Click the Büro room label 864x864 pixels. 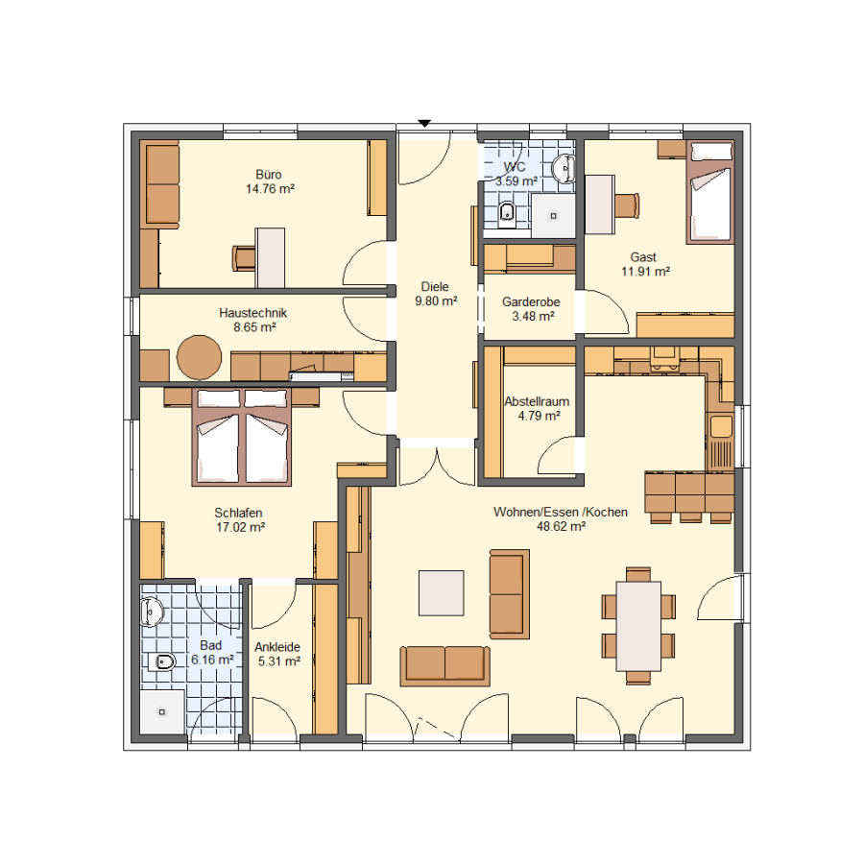269,175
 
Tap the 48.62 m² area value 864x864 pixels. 561,527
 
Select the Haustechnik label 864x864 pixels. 252,313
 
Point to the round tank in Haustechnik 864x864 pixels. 200,358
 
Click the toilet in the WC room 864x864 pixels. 507,213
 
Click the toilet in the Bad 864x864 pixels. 161,660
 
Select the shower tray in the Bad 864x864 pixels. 162,712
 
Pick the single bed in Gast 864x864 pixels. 710,192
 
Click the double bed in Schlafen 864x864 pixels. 242,437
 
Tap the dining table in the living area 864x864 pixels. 638,626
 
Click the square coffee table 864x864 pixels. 442,593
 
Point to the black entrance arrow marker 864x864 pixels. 423,124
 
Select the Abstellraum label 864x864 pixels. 537,401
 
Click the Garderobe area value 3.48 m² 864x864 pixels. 533,316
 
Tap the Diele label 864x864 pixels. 435,286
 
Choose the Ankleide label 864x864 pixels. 277,647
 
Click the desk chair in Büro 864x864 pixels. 244,258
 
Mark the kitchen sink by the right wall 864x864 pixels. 721,426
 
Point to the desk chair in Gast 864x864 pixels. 627,205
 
